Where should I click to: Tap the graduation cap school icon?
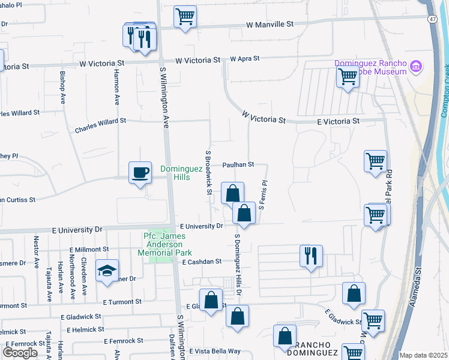pos(107,271)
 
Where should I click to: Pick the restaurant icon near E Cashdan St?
pos(311,256)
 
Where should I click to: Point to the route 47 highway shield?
pos(433,19)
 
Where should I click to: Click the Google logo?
pos(20,352)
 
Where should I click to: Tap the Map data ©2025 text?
pos(423,355)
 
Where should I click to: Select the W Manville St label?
pos(270,25)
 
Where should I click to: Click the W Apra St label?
pos(244,59)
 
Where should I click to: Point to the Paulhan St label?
pos(238,164)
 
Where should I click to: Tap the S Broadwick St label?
pos(209,172)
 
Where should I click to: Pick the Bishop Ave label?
pos(62,88)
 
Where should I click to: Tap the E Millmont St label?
pos(89,249)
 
